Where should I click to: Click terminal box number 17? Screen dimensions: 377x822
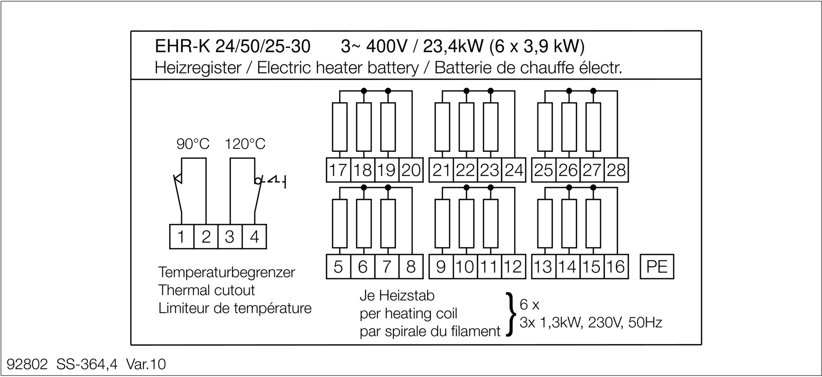pos(338,170)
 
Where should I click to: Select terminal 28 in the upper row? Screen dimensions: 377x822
pos(616,170)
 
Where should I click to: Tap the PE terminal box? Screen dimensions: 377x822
pos(657,266)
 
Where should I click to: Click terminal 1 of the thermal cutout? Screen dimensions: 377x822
pos(182,236)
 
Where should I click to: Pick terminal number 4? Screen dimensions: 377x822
pos(254,236)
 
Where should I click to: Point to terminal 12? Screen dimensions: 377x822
pos(513,266)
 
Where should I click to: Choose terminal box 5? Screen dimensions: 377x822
pos(338,266)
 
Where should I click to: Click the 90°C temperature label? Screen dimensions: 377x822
pos(193,144)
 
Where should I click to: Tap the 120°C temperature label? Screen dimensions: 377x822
pos(245,144)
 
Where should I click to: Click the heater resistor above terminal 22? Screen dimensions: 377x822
pos(467,127)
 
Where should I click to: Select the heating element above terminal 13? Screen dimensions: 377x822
pos(545,223)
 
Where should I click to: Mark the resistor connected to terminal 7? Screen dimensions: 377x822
pos(388,223)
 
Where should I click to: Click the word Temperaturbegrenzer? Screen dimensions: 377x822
pos(226,272)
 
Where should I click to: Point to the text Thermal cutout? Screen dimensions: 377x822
pos(206,290)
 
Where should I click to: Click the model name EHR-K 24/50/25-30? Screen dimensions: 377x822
pos(232,46)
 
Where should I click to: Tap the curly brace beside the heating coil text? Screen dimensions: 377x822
pos(509,314)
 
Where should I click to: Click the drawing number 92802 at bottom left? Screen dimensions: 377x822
pos(27,364)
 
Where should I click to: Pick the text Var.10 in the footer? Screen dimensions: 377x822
pos(146,364)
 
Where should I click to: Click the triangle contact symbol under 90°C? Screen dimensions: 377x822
pos(178,179)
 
